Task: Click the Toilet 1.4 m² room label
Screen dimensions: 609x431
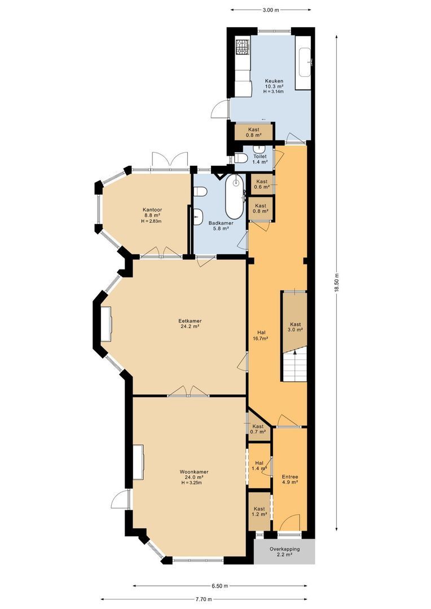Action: (x=260, y=159)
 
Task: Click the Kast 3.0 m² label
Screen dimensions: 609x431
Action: (x=296, y=327)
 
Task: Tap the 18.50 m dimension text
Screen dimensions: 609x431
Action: (x=337, y=282)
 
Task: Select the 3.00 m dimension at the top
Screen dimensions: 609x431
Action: (x=271, y=10)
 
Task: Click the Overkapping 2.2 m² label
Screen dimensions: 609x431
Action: (x=284, y=551)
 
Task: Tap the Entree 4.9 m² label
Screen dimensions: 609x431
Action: (x=290, y=479)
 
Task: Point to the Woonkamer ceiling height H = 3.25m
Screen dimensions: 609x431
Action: (x=191, y=483)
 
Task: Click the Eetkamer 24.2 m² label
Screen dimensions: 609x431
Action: (x=191, y=323)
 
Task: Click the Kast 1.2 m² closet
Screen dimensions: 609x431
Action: (x=259, y=511)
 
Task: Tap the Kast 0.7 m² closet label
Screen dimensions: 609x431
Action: (x=258, y=429)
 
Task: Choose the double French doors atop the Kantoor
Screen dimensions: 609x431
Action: (x=169, y=160)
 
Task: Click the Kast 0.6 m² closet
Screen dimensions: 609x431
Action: (x=261, y=184)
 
